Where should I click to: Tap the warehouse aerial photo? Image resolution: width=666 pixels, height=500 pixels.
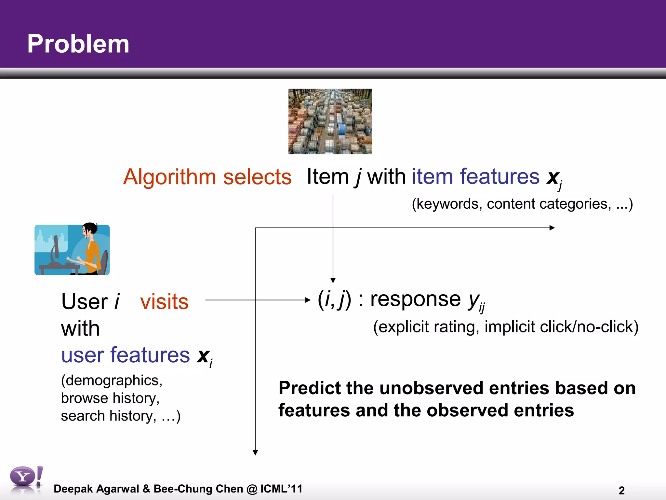[330, 121]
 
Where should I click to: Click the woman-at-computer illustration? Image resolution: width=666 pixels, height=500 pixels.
[72, 250]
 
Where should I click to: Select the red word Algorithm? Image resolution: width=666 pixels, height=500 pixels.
[169, 177]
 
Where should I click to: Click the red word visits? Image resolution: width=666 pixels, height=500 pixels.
[164, 302]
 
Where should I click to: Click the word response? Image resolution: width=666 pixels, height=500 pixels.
[415, 299]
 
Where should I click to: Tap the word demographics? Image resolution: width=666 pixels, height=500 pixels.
[112, 381]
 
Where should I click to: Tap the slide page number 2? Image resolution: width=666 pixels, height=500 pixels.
[621, 490]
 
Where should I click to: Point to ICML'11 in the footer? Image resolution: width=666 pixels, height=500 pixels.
[281, 489]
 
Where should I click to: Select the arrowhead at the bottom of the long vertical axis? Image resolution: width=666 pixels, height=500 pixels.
[255, 452]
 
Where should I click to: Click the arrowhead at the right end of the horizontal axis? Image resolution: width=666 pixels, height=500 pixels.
[552, 228]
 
